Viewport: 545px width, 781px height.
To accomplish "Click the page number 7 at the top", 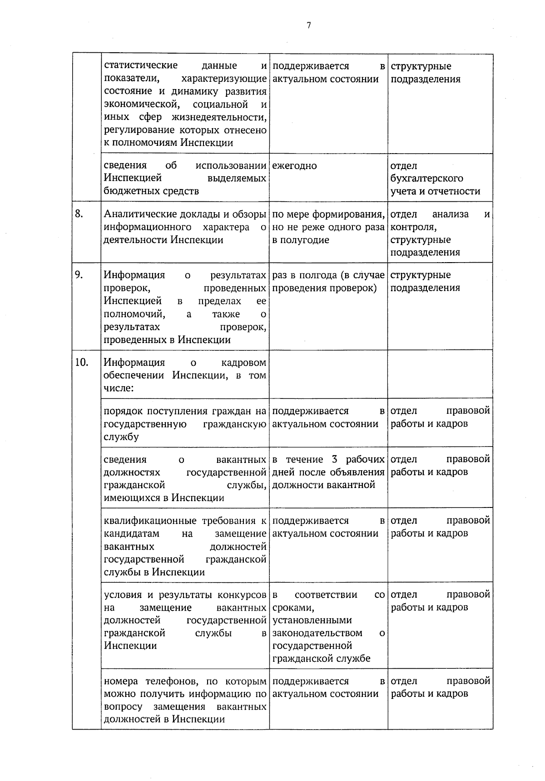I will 308,25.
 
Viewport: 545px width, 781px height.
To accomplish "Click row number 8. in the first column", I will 79,214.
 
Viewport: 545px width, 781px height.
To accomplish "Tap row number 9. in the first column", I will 79,274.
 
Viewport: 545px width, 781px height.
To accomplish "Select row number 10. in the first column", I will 81,362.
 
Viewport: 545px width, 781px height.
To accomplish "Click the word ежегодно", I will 294,166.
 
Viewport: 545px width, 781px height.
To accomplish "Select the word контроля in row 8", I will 413,227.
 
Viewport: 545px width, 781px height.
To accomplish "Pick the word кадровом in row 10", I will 243,363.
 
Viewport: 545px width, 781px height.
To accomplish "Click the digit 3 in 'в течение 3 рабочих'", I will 334,459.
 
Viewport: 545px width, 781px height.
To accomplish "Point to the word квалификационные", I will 150,521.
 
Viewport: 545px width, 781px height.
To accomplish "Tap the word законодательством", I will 317,633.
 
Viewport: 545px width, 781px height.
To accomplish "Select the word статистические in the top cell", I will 140,66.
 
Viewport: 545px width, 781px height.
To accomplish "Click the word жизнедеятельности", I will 219,117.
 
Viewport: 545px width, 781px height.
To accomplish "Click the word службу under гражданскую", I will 121,437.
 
